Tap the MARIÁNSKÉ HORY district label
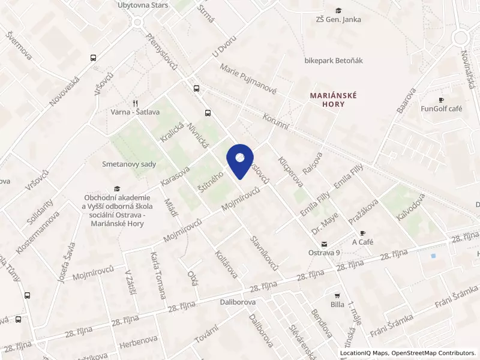(x=334, y=100)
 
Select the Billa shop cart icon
(x=337, y=295)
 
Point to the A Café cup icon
(x=362, y=233)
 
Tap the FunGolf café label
(x=441, y=109)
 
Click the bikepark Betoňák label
(x=334, y=61)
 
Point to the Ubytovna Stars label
(x=143, y=5)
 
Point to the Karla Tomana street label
(x=158, y=275)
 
